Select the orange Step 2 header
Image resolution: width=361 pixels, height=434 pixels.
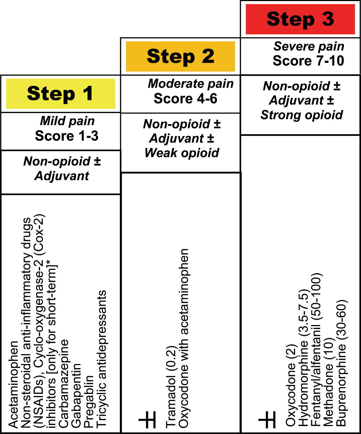[x=180, y=56]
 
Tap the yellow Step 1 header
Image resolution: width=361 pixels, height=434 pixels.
[x=60, y=93]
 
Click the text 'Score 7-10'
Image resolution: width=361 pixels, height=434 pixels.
[x=308, y=60]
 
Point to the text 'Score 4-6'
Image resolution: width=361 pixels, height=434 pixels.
[x=186, y=98]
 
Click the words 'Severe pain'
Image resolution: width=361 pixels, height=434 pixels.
[x=309, y=47]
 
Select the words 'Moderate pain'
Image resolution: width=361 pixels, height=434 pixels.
[x=191, y=84]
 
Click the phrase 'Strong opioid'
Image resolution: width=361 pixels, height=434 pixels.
[x=301, y=115]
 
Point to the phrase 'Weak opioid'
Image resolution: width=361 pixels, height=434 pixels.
[x=182, y=153]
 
